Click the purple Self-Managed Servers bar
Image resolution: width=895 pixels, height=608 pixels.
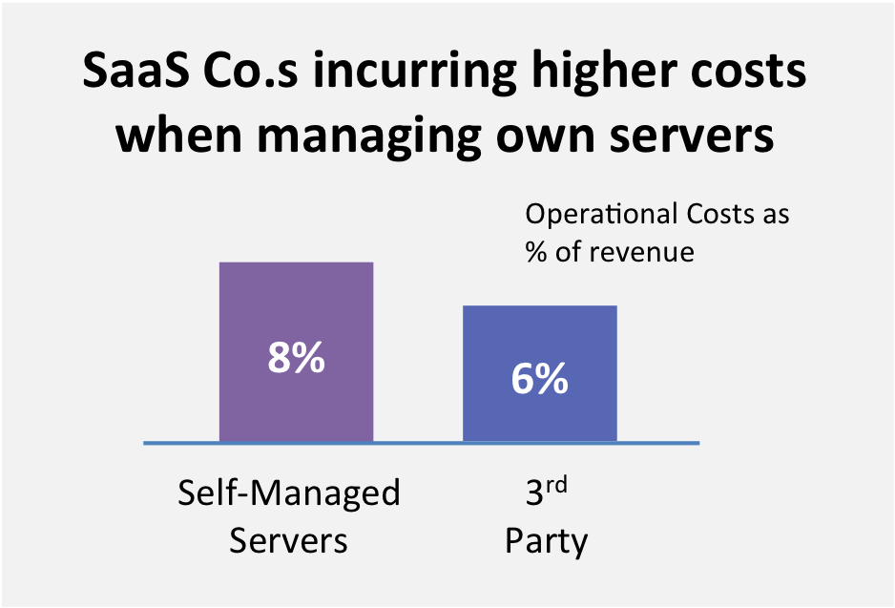tap(296, 305)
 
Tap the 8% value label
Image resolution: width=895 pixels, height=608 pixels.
tap(296, 359)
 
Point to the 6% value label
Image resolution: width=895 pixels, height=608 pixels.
tap(539, 379)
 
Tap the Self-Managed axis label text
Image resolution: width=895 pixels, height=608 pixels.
tap(289, 494)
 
